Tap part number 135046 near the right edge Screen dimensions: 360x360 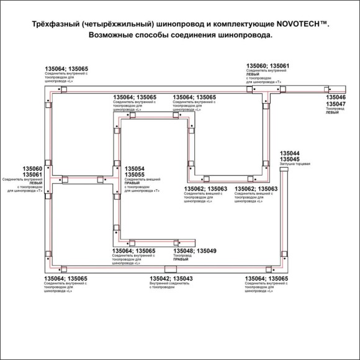pyautogui.click(x=336, y=98)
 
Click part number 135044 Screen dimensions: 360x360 pyautogui.click(x=289, y=153)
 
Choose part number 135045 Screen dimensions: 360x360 pyautogui.click(x=289, y=160)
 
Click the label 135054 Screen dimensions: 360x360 pyautogui.click(x=135, y=169)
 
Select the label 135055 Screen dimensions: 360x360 pyautogui.click(x=135, y=175)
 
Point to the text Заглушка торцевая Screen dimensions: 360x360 pyautogui.click(x=295, y=164)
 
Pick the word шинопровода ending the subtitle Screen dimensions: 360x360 pyautogui.click(x=242, y=35)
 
